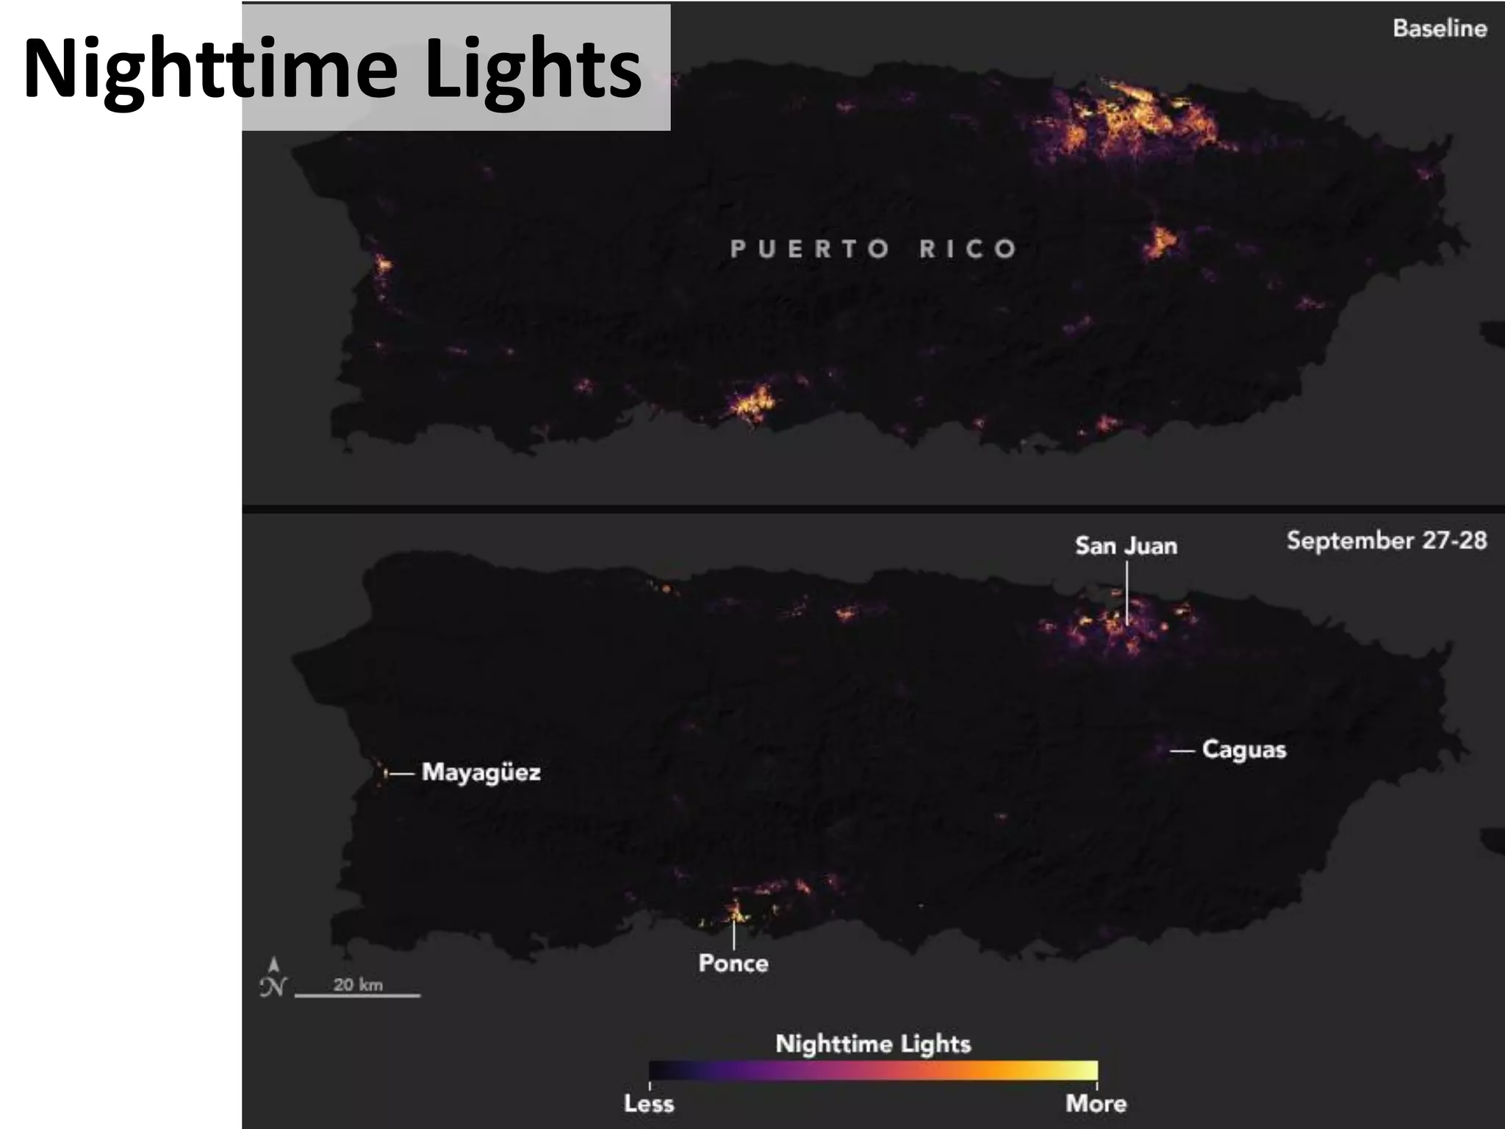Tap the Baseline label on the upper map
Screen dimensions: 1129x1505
point(1440,29)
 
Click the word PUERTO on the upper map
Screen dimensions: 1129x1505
point(809,249)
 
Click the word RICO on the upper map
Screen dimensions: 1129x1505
point(968,249)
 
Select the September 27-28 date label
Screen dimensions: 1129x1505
point(1386,540)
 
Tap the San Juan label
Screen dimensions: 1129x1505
point(1126,545)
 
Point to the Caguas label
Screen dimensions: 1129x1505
point(1243,750)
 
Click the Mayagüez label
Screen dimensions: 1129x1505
point(481,773)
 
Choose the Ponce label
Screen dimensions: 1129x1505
point(733,963)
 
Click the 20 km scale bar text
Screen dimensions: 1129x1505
point(358,985)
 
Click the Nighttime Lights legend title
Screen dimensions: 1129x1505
point(873,1044)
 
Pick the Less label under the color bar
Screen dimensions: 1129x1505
point(649,1103)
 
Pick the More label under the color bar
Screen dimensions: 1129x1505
point(1096,1103)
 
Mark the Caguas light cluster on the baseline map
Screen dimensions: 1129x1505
point(1160,241)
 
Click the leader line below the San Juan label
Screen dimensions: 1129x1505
point(1127,592)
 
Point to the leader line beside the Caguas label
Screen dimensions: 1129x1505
point(1182,750)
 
